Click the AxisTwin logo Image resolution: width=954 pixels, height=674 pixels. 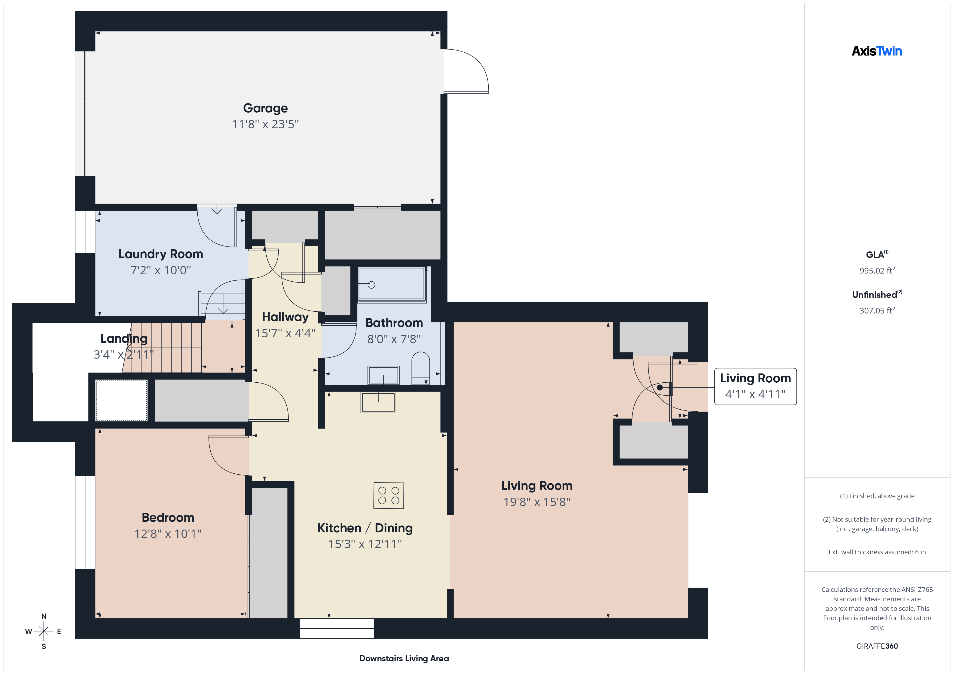point(877,51)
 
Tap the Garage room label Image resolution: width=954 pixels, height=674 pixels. point(265,108)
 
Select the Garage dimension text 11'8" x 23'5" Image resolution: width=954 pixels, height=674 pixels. point(265,124)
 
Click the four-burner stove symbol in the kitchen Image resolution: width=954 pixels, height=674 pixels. point(389,496)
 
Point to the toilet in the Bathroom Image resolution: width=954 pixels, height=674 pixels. point(420,367)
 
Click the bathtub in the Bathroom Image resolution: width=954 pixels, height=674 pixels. point(392,284)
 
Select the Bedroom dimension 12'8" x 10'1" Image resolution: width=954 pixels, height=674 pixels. point(168,534)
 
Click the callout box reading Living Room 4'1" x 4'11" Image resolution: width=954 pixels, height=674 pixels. point(755,386)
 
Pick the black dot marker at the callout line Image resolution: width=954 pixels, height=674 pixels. point(660,388)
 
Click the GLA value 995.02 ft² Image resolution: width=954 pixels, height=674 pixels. point(877,271)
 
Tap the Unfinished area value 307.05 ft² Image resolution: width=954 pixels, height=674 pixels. point(877,311)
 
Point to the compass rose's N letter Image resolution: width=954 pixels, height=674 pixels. point(44,616)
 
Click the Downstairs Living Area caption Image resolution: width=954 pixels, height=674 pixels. point(403,658)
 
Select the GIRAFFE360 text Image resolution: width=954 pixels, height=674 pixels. point(877,646)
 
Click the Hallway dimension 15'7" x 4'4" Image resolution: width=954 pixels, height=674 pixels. point(285,333)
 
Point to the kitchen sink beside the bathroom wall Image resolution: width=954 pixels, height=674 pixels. point(378,402)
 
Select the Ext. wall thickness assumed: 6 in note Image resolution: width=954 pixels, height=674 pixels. point(877,552)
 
